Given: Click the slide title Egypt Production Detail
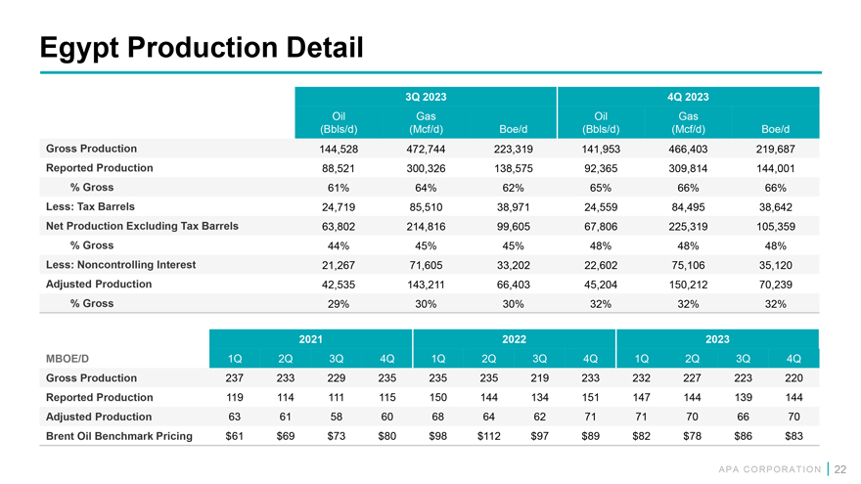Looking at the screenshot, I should click(x=200, y=46).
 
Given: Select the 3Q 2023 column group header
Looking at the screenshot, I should click(x=425, y=97).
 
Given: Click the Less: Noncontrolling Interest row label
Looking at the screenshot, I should click(x=120, y=264).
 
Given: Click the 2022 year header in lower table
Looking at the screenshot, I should click(x=514, y=338).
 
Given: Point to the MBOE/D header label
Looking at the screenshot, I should click(x=68, y=358).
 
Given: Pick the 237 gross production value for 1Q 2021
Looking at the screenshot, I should click(x=234, y=378).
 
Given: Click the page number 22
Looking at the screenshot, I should click(x=839, y=468).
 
